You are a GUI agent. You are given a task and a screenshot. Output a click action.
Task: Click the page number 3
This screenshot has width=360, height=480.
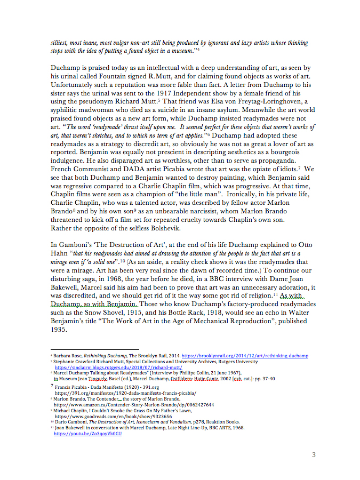[x=314, y=454]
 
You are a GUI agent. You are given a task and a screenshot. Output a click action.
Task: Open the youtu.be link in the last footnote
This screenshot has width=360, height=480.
[x=88, y=434]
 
